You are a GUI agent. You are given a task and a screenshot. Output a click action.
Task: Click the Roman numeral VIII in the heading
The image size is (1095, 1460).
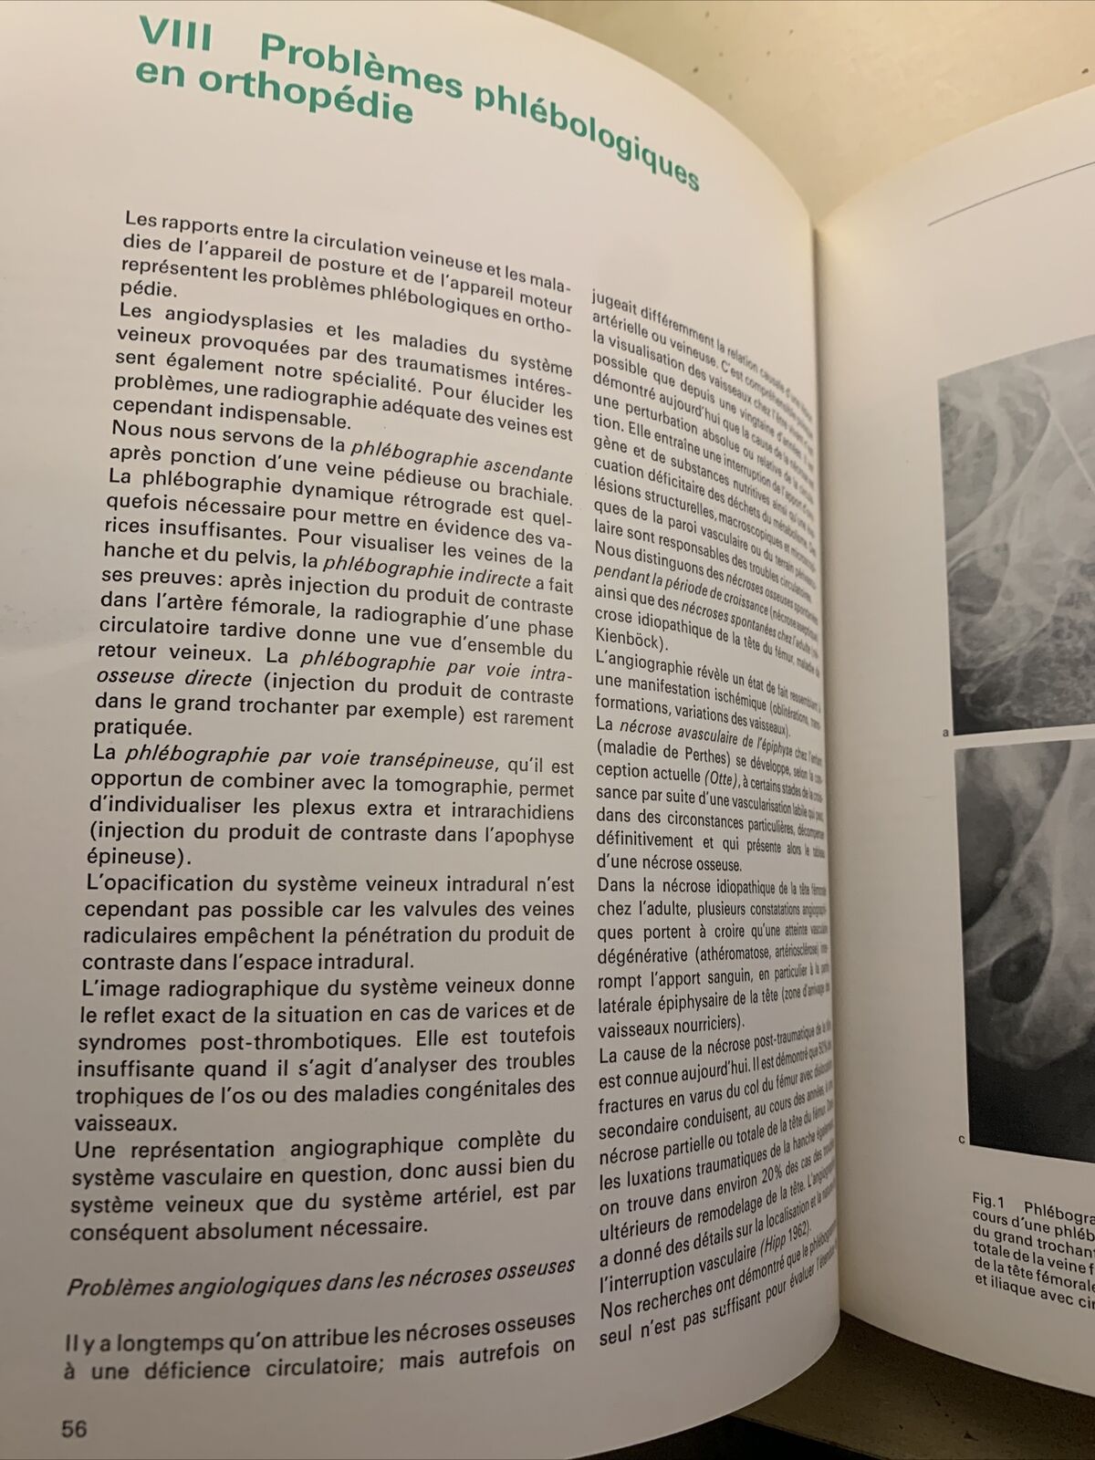pos(175,38)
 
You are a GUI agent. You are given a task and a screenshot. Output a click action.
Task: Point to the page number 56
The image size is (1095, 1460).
pos(74,1428)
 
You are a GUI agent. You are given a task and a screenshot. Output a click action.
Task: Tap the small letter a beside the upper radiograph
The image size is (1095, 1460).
pos(946,732)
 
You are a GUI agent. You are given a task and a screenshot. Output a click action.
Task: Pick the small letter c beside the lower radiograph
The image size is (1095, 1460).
pos(962,1139)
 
